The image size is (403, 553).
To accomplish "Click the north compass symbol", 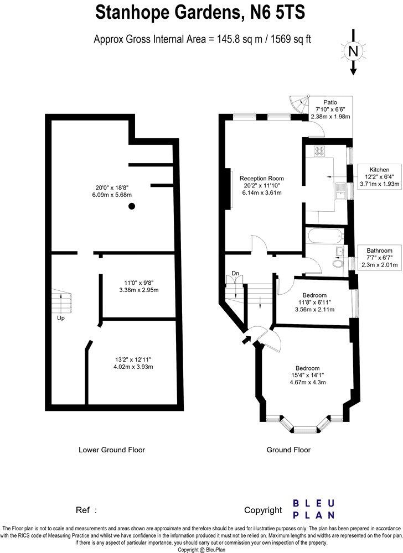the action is point(353,52).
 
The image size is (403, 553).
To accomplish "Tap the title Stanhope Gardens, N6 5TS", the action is point(200,12).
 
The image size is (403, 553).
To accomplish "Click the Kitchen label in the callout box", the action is point(379,169).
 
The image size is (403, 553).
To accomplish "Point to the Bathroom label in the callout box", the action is point(379,251).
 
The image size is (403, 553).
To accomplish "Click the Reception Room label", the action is point(262,178).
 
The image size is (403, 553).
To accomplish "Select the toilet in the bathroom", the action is point(339,264).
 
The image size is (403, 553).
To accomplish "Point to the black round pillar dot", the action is point(132,206).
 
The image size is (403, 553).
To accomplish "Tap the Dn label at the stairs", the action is point(235,273).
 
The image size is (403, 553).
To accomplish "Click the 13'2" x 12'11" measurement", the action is point(130,359).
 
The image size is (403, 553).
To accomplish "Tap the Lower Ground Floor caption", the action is point(112,450).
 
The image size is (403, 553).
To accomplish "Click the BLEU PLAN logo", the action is point(313,509).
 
